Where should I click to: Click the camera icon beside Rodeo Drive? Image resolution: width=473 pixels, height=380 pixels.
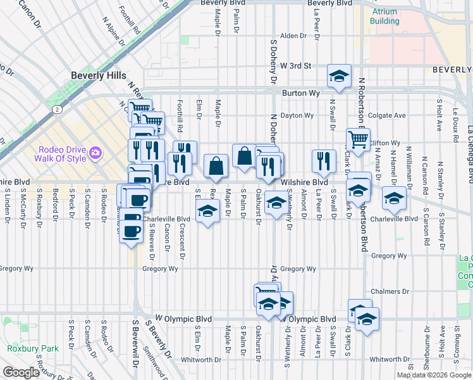(95, 152)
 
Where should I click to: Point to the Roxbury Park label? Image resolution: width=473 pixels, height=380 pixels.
(33, 348)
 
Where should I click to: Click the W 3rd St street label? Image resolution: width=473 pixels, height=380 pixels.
(297, 65)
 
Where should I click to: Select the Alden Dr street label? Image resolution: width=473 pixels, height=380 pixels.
(293, 36)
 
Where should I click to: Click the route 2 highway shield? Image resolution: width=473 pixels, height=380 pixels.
(57, 109)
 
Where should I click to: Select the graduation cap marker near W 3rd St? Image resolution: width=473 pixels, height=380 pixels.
(339, 77)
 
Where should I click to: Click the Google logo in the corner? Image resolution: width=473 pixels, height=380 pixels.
(21, 372)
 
